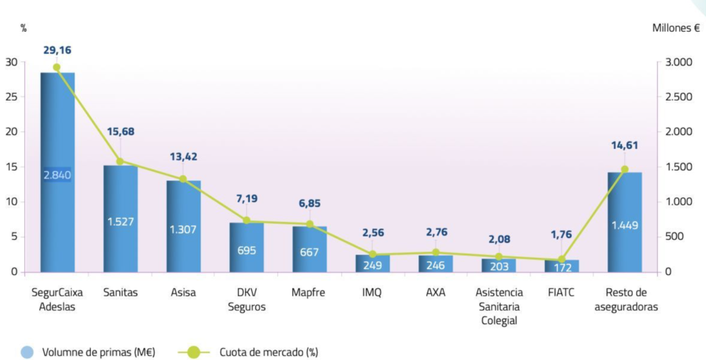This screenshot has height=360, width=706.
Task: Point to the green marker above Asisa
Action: click(183, 179)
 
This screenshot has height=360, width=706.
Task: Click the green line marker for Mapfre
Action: click(310, 224)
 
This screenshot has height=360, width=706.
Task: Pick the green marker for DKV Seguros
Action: click(247, 221)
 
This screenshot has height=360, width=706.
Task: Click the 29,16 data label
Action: click(57, 50)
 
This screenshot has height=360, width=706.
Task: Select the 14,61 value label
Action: click(625, 145)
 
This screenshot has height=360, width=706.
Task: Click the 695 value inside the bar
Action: click(247, 249)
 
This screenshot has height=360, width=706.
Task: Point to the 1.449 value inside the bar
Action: click(625, 225)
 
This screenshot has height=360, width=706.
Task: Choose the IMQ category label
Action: click(372, 292)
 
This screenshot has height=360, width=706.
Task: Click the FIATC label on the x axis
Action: click(561, 292)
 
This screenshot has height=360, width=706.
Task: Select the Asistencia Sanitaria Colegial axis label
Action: click(498, 306)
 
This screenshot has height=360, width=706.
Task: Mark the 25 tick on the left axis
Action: click(12, 97)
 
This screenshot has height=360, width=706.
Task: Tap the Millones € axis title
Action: click(676, 28)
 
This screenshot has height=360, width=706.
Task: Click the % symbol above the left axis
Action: click(23, 28)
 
